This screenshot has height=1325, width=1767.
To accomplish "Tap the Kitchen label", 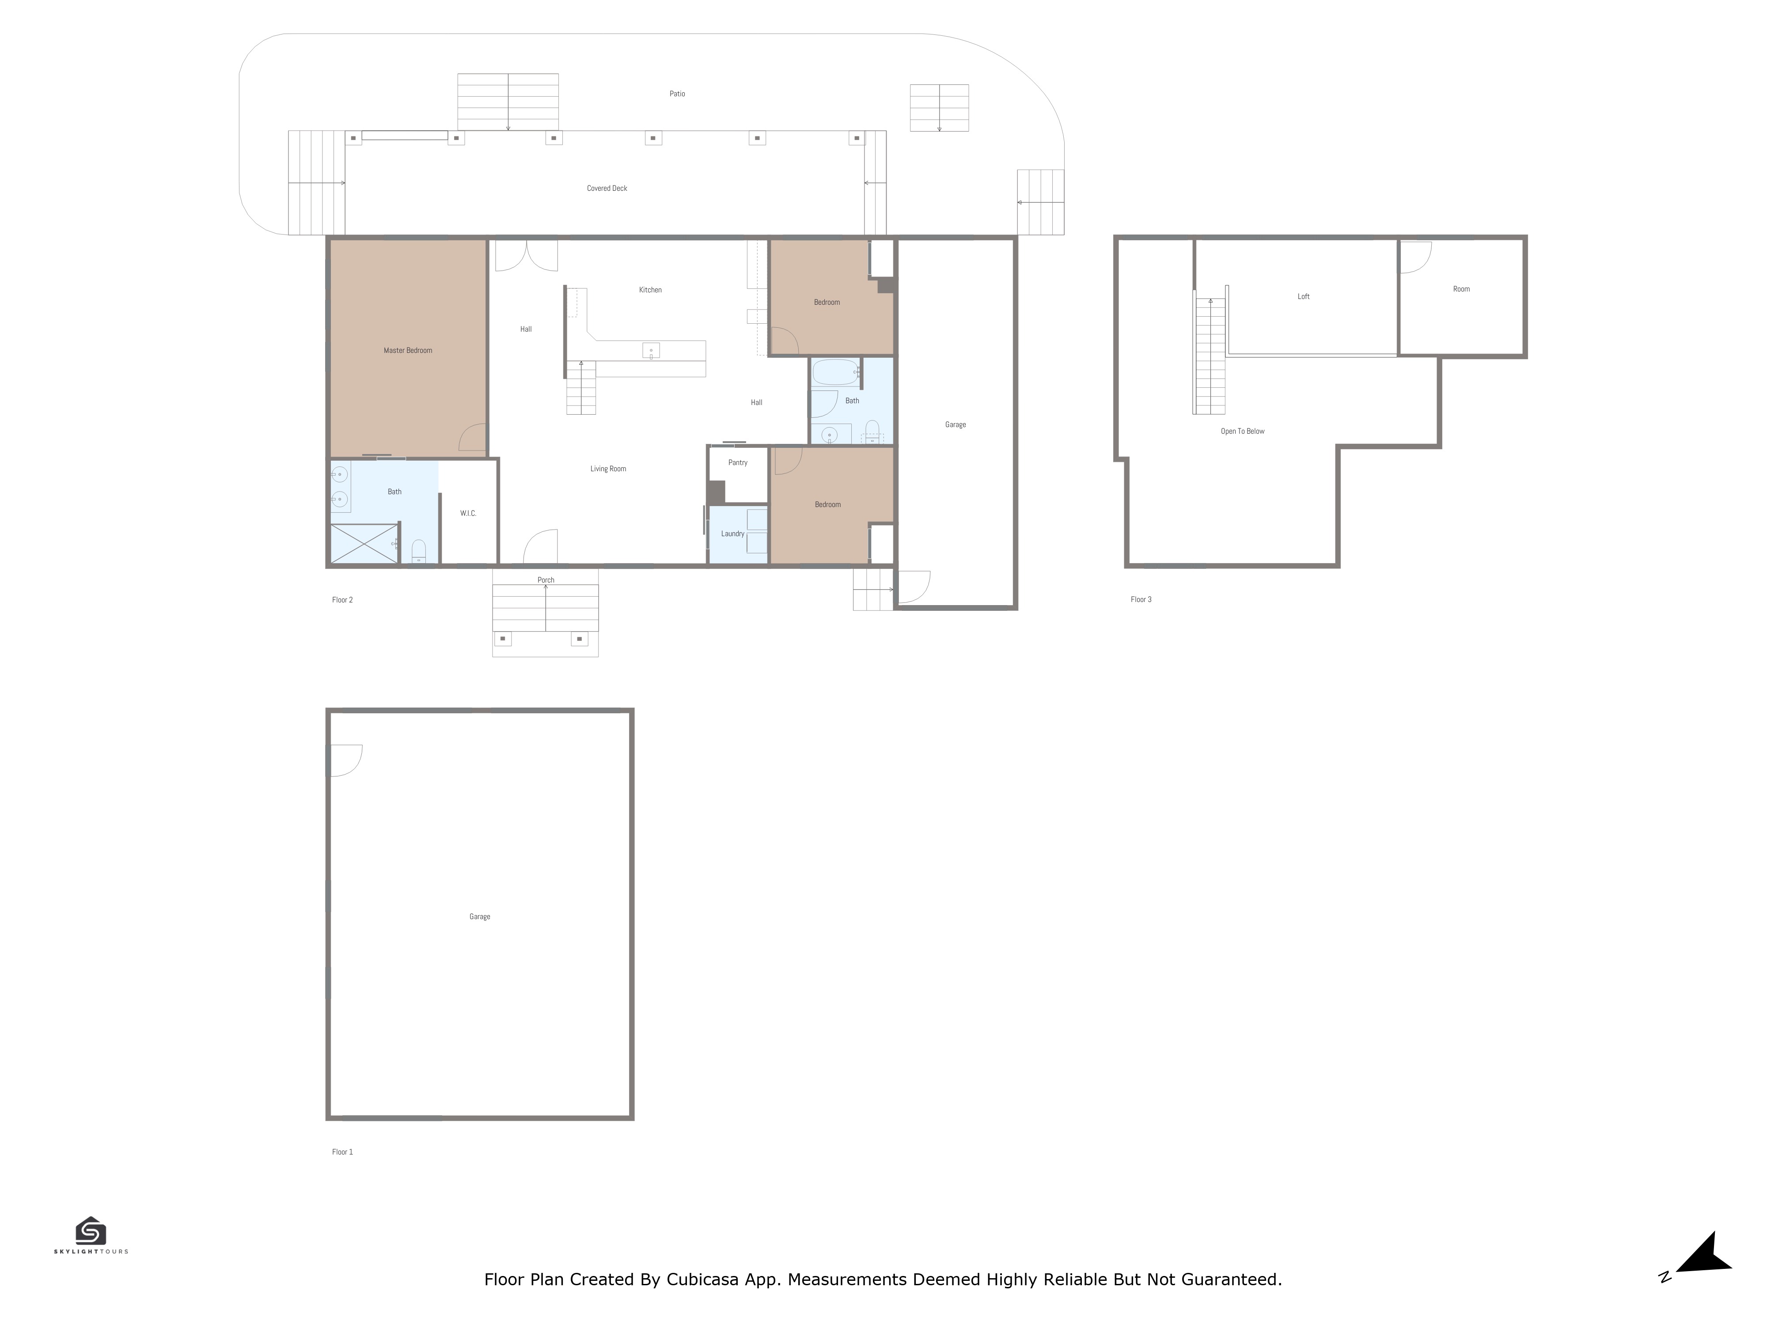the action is pyautogui.click(x=650, y=290).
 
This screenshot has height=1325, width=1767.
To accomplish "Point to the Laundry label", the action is pyautogui.click(x=732, y=534).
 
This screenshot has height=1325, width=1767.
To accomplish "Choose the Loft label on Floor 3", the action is pyautogui.click(x=1304, y=296).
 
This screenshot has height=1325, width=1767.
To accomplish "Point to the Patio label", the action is pyautogui.click(x=677, y=94).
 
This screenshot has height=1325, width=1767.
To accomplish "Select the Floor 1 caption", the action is pyautogui.click(x=342, y=1152).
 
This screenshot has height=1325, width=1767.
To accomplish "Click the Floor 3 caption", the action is pyautogui.click(x=1141, y=599).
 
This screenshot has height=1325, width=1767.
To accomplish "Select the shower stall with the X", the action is pyautogui.click(x=365, y=543).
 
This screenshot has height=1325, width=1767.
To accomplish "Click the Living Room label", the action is pyautogui.click(x=608, y=469).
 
